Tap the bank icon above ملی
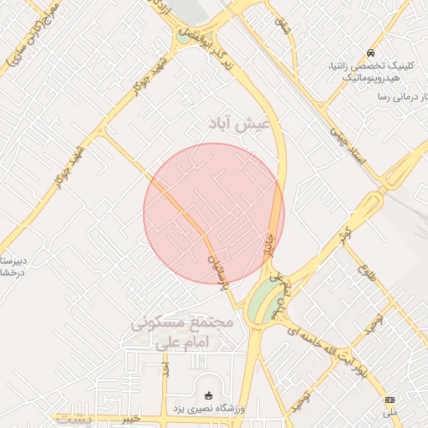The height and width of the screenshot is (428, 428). (389, 400)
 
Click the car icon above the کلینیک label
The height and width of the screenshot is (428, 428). (359, 52)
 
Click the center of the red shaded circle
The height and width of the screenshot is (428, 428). (214, 213)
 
